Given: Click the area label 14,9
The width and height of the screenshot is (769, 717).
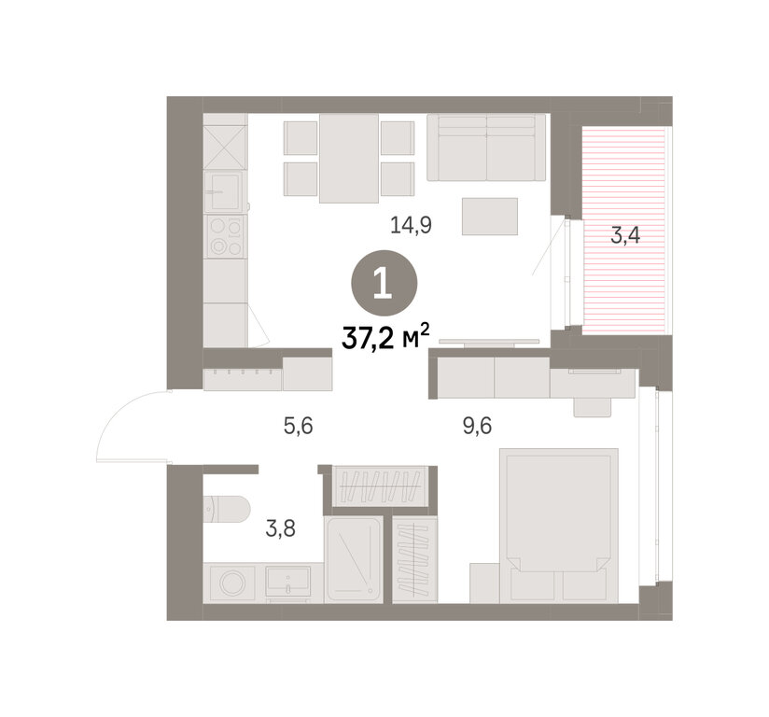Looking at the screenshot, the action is tap(411, 225).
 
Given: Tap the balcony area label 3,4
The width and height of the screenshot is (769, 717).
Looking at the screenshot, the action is tap(625, 235).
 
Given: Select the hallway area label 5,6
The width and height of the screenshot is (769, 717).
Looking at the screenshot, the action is tap(299, 426).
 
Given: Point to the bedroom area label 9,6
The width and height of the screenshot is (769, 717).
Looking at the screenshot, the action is tap(477, 426).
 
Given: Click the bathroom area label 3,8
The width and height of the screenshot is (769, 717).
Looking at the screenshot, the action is tap(281, 528).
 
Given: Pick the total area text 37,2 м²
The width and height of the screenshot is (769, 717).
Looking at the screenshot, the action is tap(385, 337).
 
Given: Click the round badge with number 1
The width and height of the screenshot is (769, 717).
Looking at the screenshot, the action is tap(384, 284).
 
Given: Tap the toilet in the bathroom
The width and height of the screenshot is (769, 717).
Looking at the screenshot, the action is tap(227, 509).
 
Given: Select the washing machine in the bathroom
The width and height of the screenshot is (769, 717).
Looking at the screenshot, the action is tap(232, 583).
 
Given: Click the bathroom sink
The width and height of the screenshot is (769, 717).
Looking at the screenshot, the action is tap(287, 582).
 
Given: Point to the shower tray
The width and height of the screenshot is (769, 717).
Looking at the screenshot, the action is tap(354, 559).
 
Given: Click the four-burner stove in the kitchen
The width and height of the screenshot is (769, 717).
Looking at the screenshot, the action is tap(226, 237).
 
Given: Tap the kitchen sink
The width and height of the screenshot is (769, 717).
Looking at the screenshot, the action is tap(223, 191).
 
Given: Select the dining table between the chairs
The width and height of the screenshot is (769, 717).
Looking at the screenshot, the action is tap(349, 159).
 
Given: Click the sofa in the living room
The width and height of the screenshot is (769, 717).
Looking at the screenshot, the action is tap(486, 148).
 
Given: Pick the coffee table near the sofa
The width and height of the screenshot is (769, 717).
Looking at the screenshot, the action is tap(490, 217).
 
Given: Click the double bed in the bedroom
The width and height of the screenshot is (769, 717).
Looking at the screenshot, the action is tap(559, 525).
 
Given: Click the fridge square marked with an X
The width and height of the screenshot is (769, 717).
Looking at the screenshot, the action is tap(225, 148).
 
